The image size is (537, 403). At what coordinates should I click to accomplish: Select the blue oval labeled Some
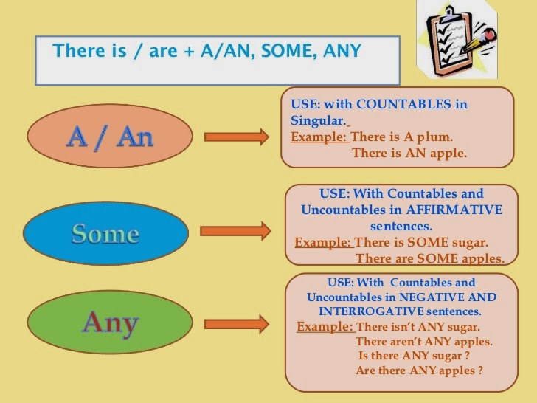coord(105,233)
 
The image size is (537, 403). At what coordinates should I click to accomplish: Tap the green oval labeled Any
coord(110,322)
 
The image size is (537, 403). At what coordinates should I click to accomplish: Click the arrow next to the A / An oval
coord(236,137)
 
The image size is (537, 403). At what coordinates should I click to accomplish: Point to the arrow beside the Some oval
coord(236,232)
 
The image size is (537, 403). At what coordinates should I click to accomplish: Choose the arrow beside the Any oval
coord(236,324)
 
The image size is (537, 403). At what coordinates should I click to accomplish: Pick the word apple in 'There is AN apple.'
coord(445,153)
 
